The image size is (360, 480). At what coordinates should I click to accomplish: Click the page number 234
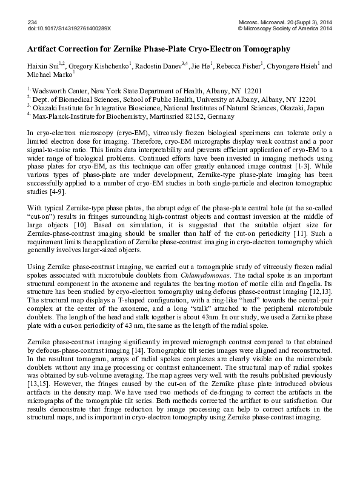33,21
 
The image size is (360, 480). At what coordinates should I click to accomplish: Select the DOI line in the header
73,28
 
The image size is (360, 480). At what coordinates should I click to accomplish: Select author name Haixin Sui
42,65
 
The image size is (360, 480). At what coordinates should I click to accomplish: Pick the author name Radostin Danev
159,65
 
